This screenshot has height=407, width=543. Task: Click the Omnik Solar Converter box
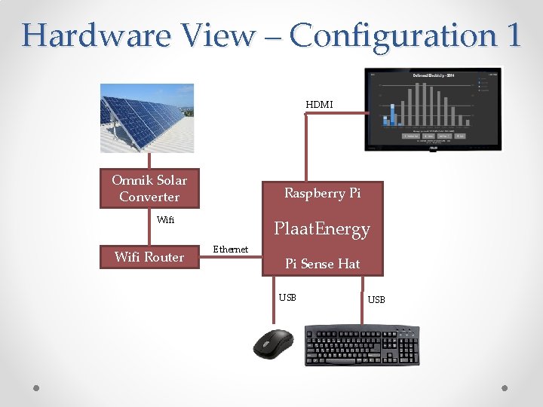click(149, 188)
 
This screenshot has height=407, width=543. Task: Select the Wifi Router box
click(149, 257)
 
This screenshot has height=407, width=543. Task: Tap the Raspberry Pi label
click(322, 194)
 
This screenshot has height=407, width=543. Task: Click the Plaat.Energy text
click(322, 229)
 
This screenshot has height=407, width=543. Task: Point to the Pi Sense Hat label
click(322, 264)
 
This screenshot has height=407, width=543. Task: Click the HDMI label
click(319, 105)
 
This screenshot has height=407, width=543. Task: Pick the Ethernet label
click(231, 249)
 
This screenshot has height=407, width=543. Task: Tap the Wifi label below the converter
click(165, 220)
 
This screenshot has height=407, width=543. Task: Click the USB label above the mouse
click(287, 297)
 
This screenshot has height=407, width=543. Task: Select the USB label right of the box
click(376, 300)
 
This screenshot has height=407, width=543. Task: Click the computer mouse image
click(273, 344)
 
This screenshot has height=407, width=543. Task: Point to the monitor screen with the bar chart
click(433, 109)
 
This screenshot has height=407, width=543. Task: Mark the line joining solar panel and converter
click(149, 161)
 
